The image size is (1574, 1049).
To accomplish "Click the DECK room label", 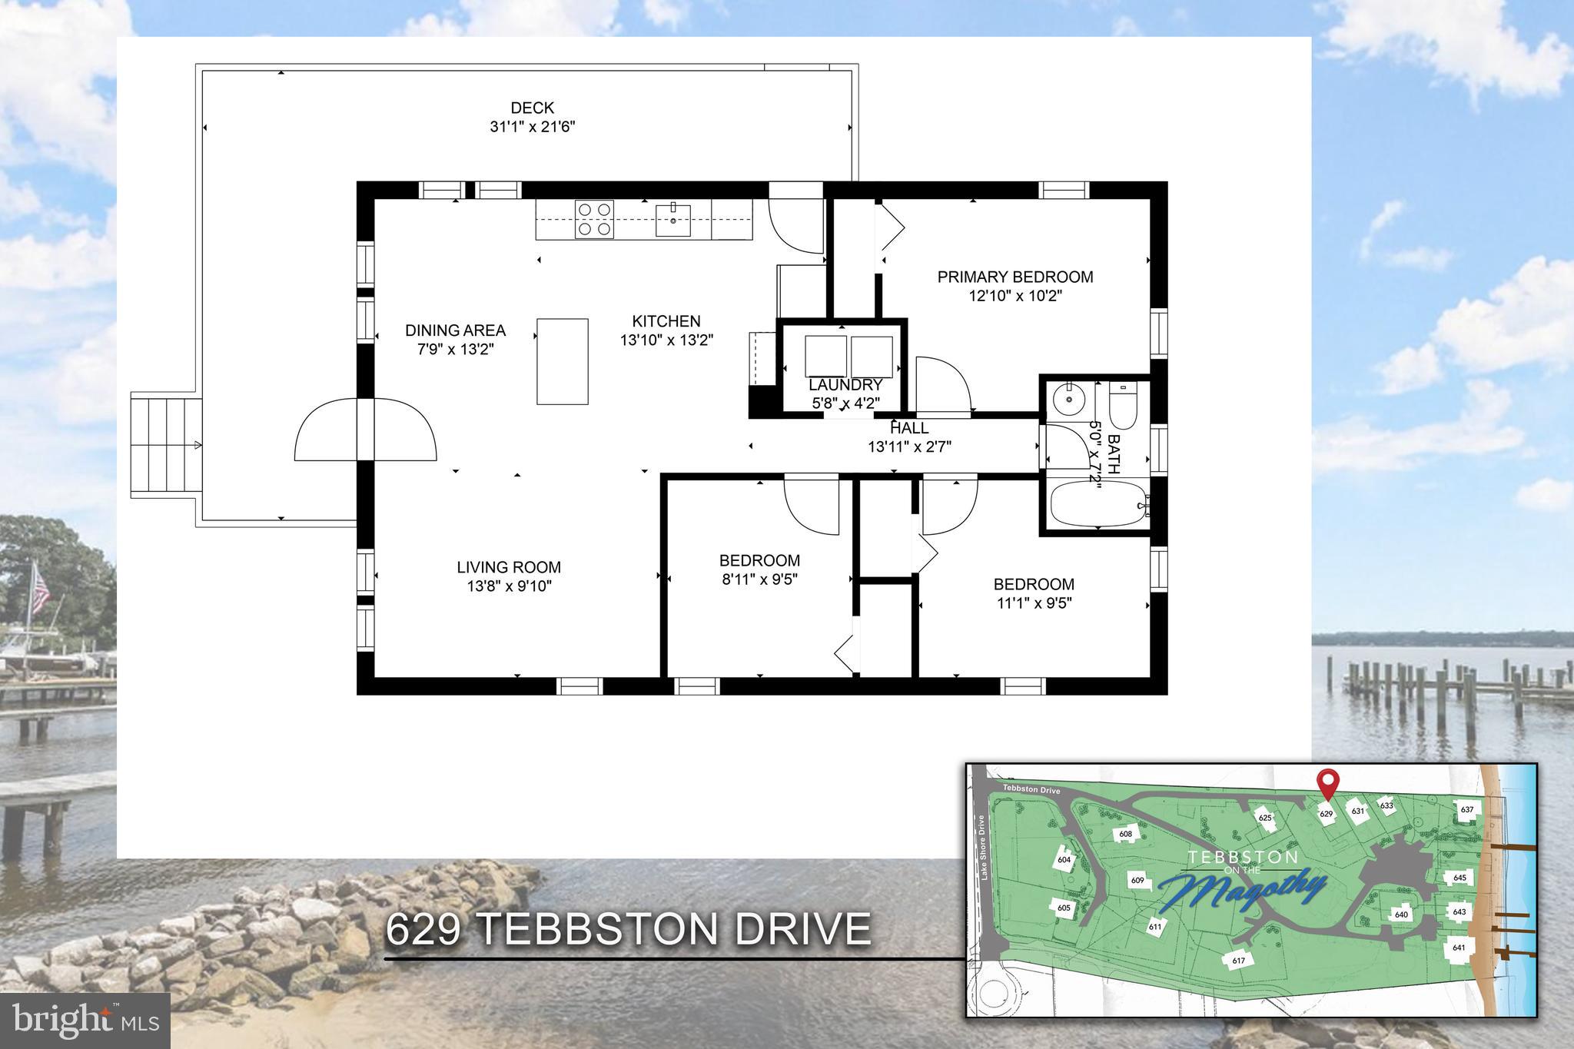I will pyautogui.click(x=532, y=108).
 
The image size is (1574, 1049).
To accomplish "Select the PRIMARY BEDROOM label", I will pyautogui.click(x=1014, y=277).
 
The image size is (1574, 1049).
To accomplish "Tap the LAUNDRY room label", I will pyautogui.click(x=845, y=384).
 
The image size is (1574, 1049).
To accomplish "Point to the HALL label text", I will pyautogui.click(x=909, y=428).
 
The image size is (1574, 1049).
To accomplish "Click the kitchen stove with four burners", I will pyautogui.click(x=595, y=219).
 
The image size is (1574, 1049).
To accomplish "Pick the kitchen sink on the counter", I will pyautogui.click(x=673, y=220).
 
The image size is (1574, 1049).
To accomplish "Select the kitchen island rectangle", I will pyautogui.click(x=563, y=361).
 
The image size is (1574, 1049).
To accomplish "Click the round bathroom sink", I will pyautogui.click(x=1067, y=398).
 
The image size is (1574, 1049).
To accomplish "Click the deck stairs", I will pyautogui.click(x=165, y=446).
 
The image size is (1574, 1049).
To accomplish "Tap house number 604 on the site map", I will pyautogui.click(x=1064, y=859).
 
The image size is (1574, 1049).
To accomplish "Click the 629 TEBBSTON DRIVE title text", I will pyautogui.click(x=628, y=929).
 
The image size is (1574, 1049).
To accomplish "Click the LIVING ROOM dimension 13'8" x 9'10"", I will pyautogui.click(x=509, y=586).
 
